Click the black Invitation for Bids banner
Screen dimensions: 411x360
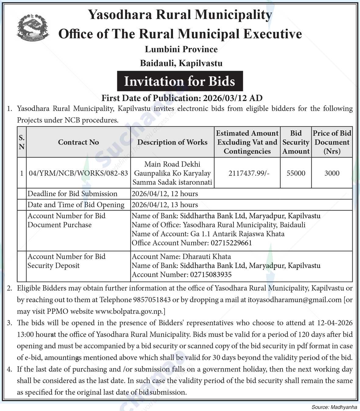(x=180, y=81)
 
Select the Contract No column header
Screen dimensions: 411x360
(x=78, y=142)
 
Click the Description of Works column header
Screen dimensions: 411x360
(x=172, y=142)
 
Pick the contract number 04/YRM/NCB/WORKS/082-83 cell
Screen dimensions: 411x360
(x=78, y=173)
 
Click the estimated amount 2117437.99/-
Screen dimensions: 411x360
(x=247, y=173)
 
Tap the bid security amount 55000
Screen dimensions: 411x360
(x=296, y=173)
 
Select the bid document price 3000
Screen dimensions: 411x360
(x=332, y=173)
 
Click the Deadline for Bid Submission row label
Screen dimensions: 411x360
(x=73, y=194)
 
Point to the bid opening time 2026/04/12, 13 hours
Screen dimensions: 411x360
(x=165, y=205)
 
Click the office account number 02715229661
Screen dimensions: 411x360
(x=231, y=243)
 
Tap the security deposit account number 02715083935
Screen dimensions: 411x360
(x=211, y=275)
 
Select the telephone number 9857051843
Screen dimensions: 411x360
(x=152, y=299)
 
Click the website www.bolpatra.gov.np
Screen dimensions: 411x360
(x=129, y=311)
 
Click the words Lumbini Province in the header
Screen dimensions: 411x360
(x=181, y=49)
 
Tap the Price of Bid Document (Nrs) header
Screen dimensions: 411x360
(x=332, y=142)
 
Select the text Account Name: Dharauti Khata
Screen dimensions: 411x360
(x=181, y=257)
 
